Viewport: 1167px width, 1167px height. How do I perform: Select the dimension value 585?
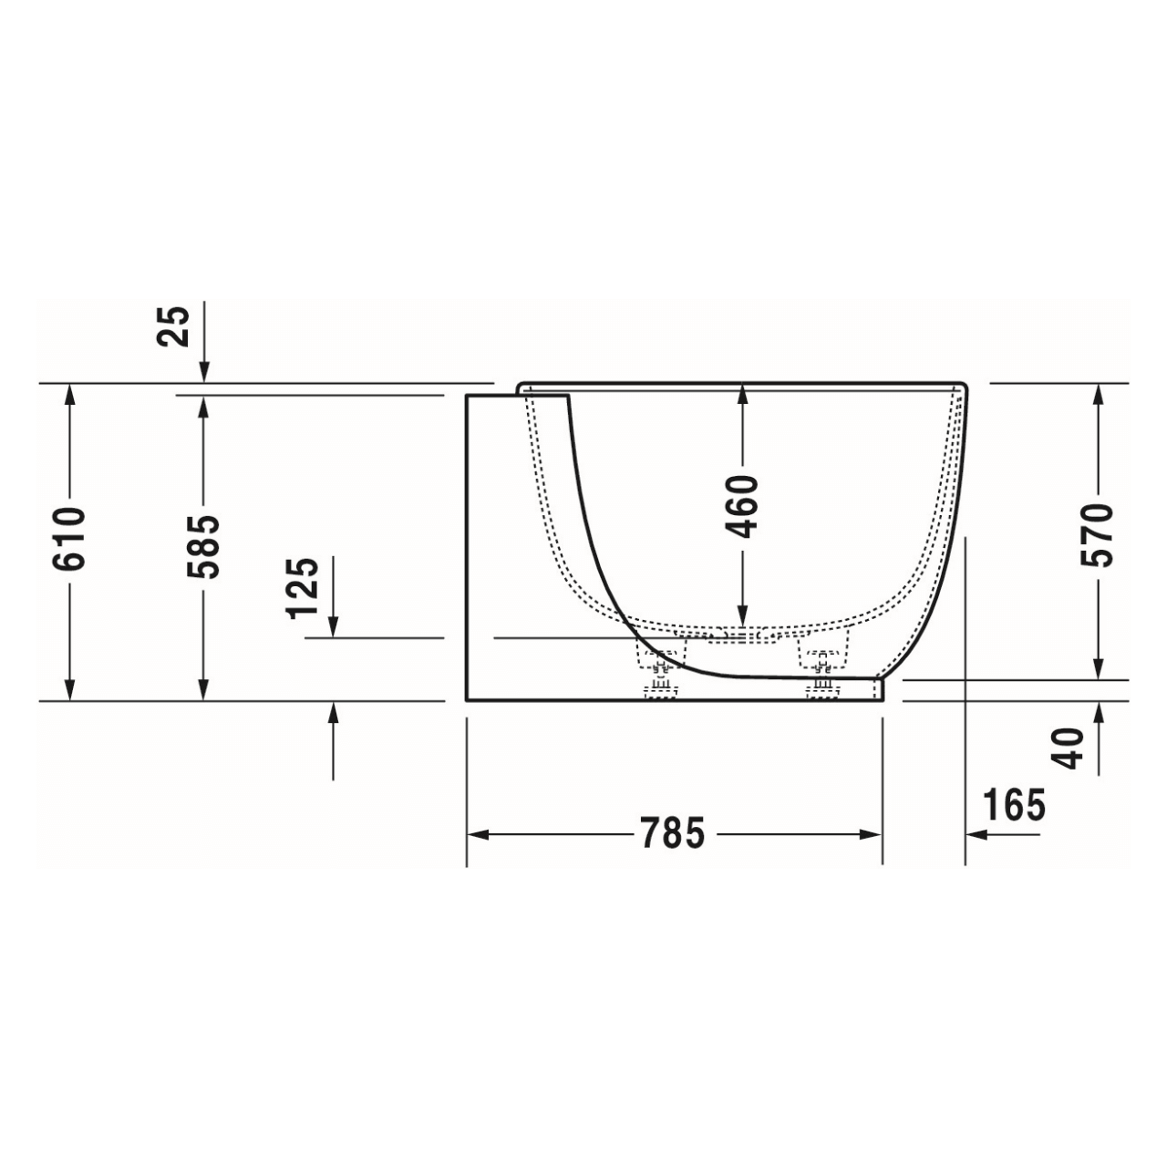click(x=202, y=545)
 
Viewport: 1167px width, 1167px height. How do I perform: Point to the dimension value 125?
click(x=303, y=588)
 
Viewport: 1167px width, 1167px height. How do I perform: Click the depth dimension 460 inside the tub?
click(x=743, y=506)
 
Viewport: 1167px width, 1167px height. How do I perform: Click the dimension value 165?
click(x=1014, y=805)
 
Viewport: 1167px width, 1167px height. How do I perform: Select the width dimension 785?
click(x=673, y=833)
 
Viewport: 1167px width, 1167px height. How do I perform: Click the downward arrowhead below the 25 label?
click(x=204, y=372)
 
